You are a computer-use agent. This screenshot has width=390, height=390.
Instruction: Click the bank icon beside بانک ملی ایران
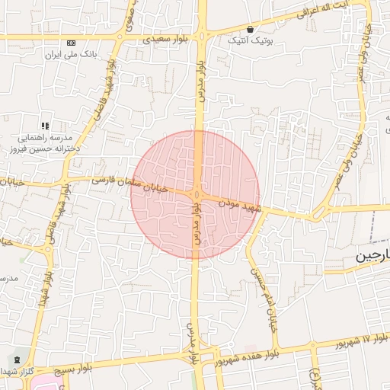click(71, 43)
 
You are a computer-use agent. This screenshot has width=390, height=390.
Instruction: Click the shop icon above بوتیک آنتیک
click(250, 30)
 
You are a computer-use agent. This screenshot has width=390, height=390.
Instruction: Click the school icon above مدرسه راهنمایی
click(45, 125)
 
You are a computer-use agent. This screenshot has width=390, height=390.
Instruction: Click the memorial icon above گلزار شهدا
click(16, 359)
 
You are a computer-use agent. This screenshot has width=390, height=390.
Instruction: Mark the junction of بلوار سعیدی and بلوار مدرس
click(201, 35)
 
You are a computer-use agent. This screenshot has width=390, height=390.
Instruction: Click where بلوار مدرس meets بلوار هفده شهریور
click(197, 355)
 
